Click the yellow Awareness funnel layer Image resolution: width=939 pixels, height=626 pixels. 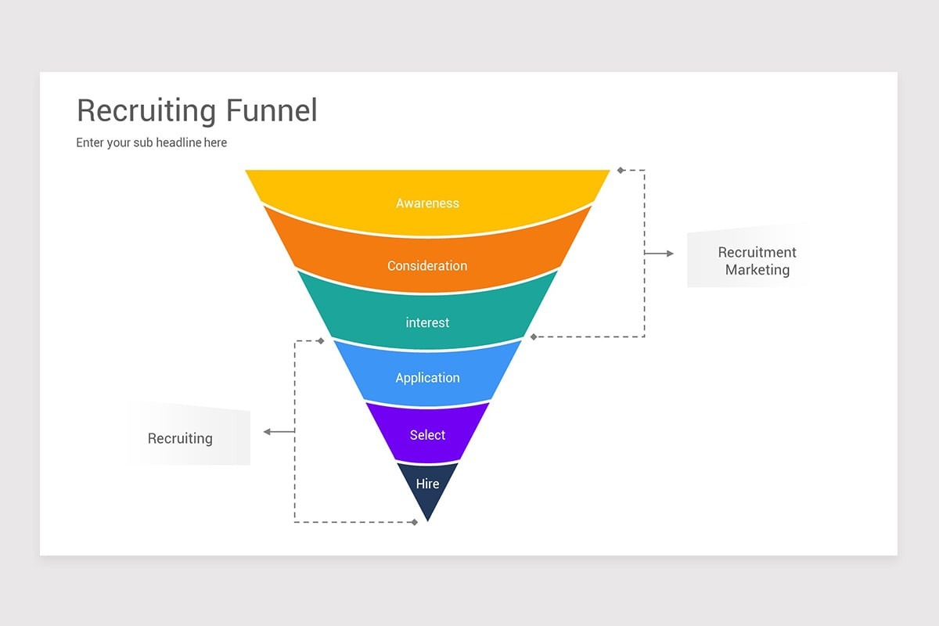click(427, 200)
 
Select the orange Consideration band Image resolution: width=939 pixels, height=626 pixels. click(427, 262)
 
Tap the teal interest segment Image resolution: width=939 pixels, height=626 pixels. click(427, 321)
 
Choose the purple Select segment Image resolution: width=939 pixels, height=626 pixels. click(427, 434)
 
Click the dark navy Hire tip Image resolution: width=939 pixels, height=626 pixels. click(427, 488)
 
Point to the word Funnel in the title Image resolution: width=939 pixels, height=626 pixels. click(272, 110)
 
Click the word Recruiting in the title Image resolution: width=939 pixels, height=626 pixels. click(147, 111)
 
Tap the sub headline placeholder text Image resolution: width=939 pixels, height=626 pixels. click(151, 142)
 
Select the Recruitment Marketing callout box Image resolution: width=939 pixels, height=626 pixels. click(747, 257)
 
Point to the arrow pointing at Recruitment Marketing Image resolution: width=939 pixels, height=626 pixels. click(660, 254)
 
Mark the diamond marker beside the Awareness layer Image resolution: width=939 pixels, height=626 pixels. click(620, 170)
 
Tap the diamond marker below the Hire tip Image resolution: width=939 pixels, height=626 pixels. click(415, 522)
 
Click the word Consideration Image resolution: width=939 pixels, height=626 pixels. click(427, 266)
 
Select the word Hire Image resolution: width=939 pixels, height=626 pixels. click(427, 484)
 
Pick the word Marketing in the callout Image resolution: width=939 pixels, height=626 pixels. click(757, 270)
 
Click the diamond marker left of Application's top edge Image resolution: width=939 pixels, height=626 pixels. click(320, 341)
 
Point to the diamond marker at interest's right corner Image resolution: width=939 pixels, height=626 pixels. click(534, 336)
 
